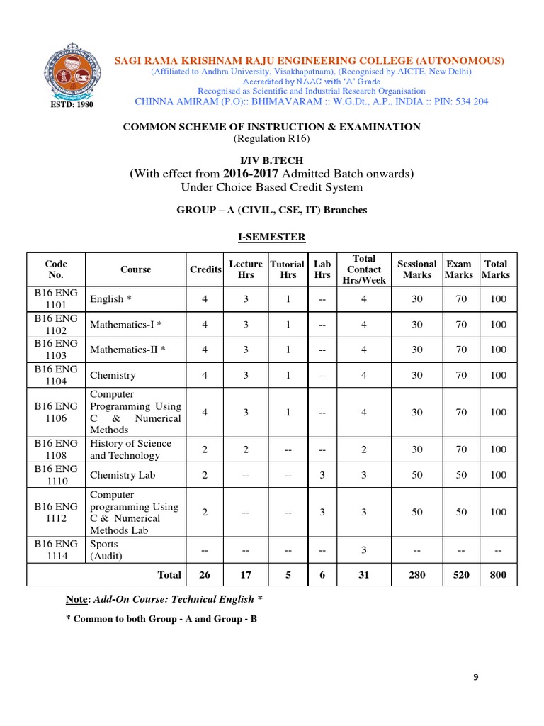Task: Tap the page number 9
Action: click(476, 677)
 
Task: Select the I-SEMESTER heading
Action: click(271, 236)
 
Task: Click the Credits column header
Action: click(205, 269)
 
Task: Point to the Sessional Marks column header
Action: click(416, 269)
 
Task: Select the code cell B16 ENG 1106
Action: click(56, 412)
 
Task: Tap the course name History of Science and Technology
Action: click(130, 449)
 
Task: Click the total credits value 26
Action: click(205, 575)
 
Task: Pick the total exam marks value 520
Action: click(461, 575)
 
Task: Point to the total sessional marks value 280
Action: click(416, 575)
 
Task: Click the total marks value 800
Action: click(498, 575)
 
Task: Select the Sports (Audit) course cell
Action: click(106, 550)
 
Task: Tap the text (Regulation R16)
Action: click(271, 138)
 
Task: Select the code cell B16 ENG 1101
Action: click(56, 299)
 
